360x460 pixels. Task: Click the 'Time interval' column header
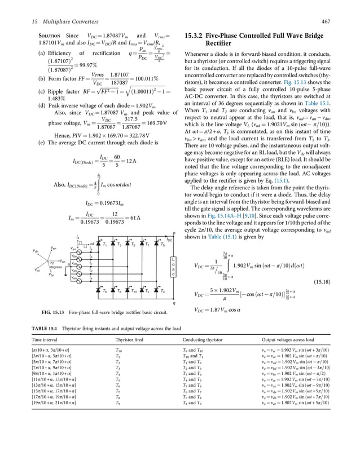click(x=45, y=340)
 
